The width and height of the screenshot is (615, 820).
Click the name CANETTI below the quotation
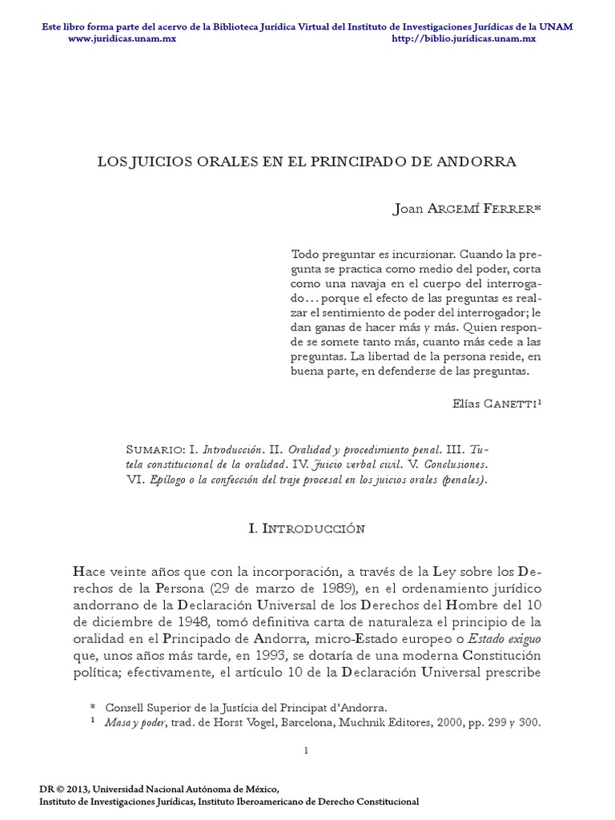point(510,404)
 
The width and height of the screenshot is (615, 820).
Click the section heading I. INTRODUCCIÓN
point(307,529)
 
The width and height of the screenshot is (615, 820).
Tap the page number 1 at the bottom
point(307,750)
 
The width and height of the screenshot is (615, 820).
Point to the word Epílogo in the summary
point(171,480)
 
